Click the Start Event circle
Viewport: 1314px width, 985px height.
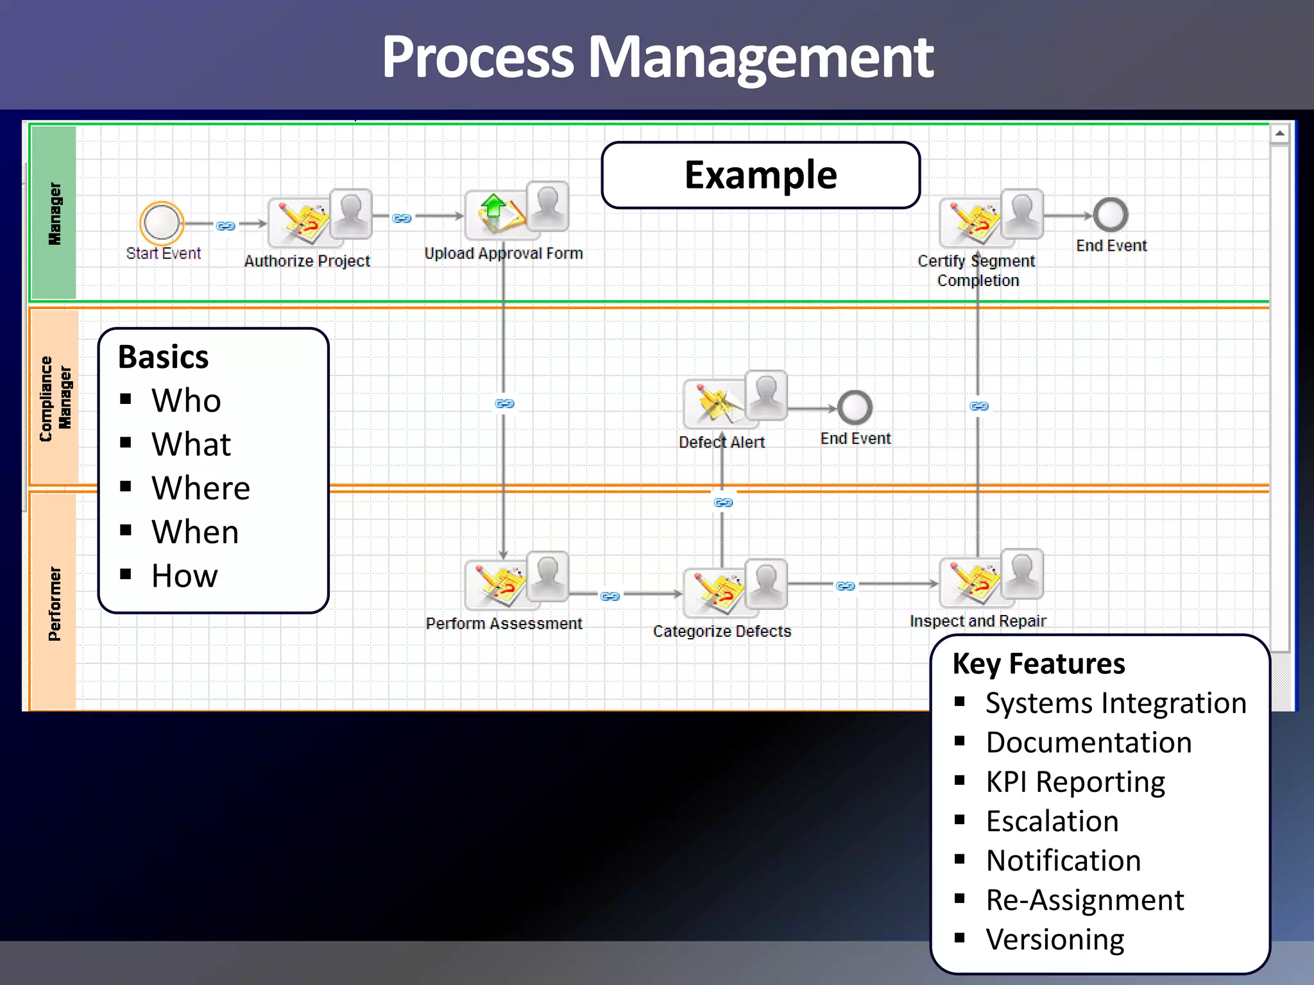coord(162,221)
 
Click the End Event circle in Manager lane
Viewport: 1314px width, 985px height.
coord(1111,215)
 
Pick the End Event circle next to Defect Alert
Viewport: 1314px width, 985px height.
coord(855,407)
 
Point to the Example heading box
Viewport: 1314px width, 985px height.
coord(760,175)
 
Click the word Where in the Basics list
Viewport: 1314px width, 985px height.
coord(201,488)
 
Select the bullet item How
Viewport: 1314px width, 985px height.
coord(185,576)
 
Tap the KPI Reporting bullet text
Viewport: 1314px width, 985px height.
coord(1075,782)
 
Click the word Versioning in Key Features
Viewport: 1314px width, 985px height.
coord(1055,939)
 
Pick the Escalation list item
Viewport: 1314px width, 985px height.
coord(1052,821)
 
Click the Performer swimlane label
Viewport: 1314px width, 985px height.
coord(55,603)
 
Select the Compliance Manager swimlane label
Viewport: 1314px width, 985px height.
coord(55,398)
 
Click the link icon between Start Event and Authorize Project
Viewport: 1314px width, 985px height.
coord(226,226)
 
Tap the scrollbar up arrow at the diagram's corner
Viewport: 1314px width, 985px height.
coord(1279,134)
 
